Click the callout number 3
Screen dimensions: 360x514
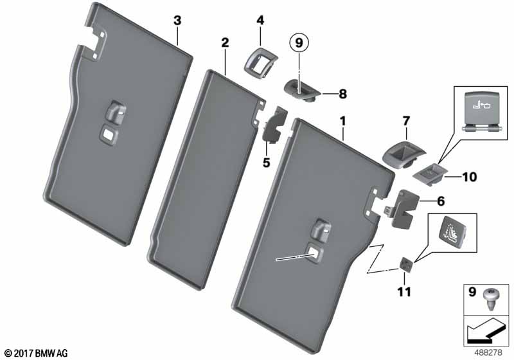pyautogui.click(x=178, y=21)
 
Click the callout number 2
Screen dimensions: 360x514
pyautogui.click(x=225, y=43)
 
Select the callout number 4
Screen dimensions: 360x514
pyautogui.click(x=260, y=21)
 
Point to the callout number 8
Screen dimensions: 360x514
pyautogui.click(x=342, y=94)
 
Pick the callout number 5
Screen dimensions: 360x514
pyautogui.click(x=266, y=161)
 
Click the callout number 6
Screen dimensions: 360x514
pyautogui.click(x=440, y=201)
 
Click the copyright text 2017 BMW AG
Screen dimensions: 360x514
pyautogui.click(x=35, y=353)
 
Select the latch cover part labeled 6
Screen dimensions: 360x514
pyautogui.click(x=403, y=207)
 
